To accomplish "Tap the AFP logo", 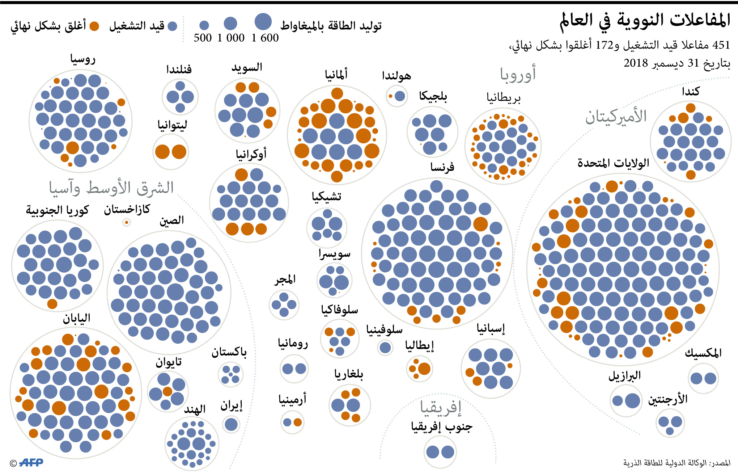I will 31,462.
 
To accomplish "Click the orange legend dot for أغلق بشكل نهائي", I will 94,26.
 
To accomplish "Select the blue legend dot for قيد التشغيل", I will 173,26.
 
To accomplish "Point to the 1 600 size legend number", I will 265,38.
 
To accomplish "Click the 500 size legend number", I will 203,38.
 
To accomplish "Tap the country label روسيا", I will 83,59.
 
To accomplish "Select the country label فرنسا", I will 442,167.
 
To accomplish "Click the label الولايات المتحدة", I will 613,163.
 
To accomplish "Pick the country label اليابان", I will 77,318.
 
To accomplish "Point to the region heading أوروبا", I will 518,74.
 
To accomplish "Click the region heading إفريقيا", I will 441,407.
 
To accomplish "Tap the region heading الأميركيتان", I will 616,117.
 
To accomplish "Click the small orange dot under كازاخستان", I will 126,223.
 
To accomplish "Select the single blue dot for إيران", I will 231,424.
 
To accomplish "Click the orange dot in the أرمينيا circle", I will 297,422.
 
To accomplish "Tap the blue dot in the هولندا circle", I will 400,96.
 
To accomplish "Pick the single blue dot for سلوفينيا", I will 385,348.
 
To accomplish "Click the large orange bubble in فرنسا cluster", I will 480,224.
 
